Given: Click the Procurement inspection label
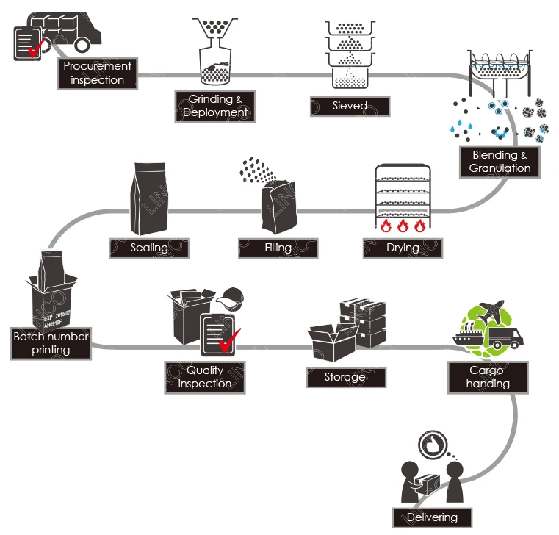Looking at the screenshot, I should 98,73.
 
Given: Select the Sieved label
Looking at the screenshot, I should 348,107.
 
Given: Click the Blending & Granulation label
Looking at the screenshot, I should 500,162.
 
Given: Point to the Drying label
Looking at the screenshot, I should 402,248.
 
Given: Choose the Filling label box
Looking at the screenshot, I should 278,248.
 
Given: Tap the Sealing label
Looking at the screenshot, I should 149,248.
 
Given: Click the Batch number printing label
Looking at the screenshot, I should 51,343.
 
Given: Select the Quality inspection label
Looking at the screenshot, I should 205,377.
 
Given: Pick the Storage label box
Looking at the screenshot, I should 345,377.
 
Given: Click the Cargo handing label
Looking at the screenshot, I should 488,377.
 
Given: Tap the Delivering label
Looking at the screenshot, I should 432,517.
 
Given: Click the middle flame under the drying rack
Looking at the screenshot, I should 403,225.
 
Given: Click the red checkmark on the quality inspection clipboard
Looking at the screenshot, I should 231,340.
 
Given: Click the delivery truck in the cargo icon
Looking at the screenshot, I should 505,338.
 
